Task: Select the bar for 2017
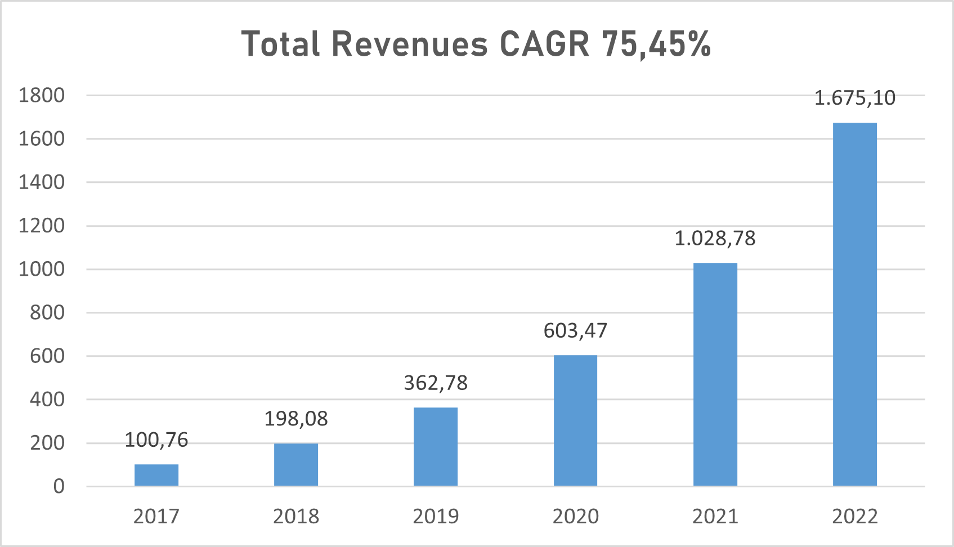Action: click(x=156, y=475)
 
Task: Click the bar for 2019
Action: click(x=436, y=446)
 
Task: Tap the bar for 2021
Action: click(x=715, y=374)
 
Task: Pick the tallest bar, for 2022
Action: click(x=854, y=304)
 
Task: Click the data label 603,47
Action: click(x=575, y=331)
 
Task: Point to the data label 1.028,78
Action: click(x=715, y=239)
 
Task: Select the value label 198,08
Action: click(x=296, y=419)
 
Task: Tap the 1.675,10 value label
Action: click(x=854, y=98)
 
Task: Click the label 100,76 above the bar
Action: click(x=156, y=440)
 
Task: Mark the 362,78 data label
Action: click(x=436, y=383)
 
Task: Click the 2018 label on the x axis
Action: click(x=296, y=517)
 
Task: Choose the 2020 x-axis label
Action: click(x=575, y=517)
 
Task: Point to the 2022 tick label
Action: click(x=854, y=517)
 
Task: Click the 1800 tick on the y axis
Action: click(x=42, y=96)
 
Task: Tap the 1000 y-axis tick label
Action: click(x=42, y=269)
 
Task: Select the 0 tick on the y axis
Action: click(x=59, y=486)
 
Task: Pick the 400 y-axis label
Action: click(x=47, y=400)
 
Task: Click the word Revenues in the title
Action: click(x=409, y=44)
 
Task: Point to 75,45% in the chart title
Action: click(x=656, y=44)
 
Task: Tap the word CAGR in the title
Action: click(x=544, y=44)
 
